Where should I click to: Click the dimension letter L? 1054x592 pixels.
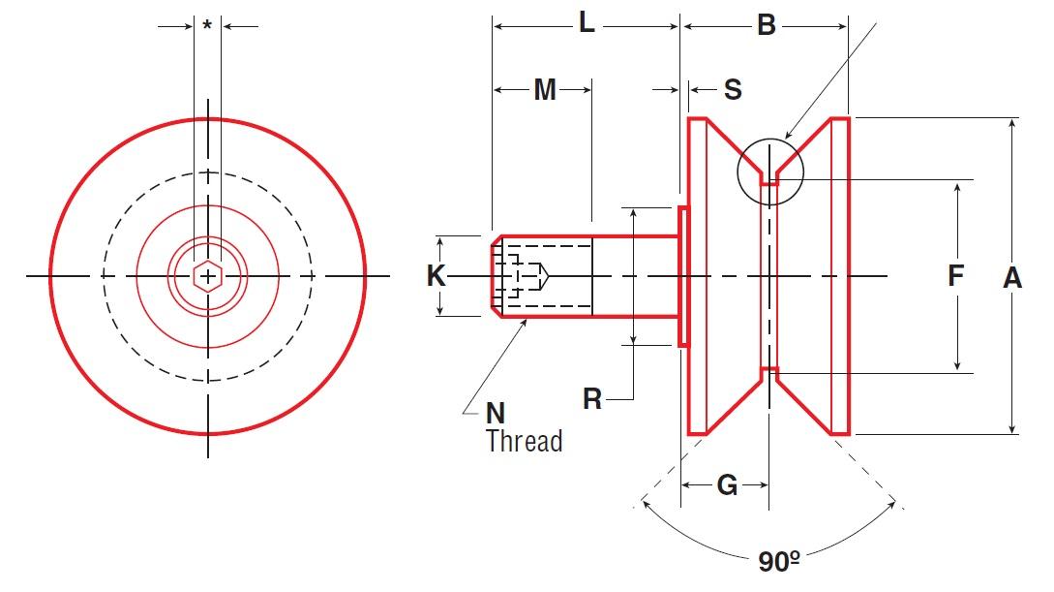[587, 24]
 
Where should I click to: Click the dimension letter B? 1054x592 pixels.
[766, 25]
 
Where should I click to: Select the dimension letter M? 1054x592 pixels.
[545, 90]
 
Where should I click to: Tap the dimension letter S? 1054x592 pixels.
[733, 90]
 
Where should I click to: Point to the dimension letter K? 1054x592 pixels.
[437, 277]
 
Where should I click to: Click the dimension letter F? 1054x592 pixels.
[955, 276]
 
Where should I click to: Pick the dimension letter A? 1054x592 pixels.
[1011, 278]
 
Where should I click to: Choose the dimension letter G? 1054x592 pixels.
[727, 484]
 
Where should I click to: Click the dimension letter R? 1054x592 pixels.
[592, 398]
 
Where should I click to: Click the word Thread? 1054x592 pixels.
[524, 442]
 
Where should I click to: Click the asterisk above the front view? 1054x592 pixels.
[207, 26]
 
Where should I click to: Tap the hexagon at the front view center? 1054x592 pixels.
[207, 277]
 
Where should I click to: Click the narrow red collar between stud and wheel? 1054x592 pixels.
[683, 276]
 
